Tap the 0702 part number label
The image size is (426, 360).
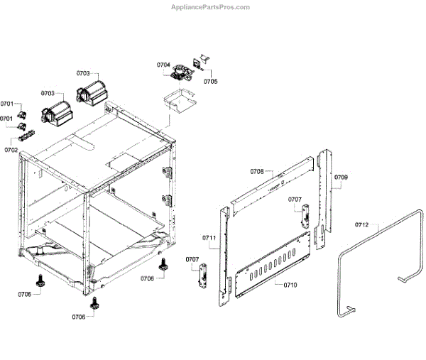[11, 150]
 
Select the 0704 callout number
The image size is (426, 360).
[164, 65]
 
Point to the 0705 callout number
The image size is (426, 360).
[210, 81]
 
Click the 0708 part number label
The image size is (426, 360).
[257, 171]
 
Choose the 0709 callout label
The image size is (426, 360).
[341, 177]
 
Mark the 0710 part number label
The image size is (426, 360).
[290, 284]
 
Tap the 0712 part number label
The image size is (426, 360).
[362, 225]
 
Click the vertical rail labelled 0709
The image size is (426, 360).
[325, 195]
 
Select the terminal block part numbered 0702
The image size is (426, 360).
[28, 134]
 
